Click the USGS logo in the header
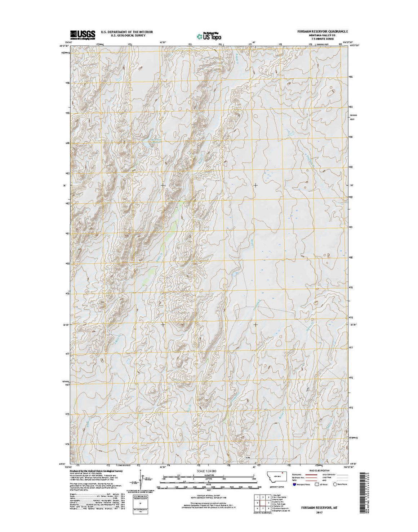point(83,34)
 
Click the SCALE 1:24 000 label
point(209,471)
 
